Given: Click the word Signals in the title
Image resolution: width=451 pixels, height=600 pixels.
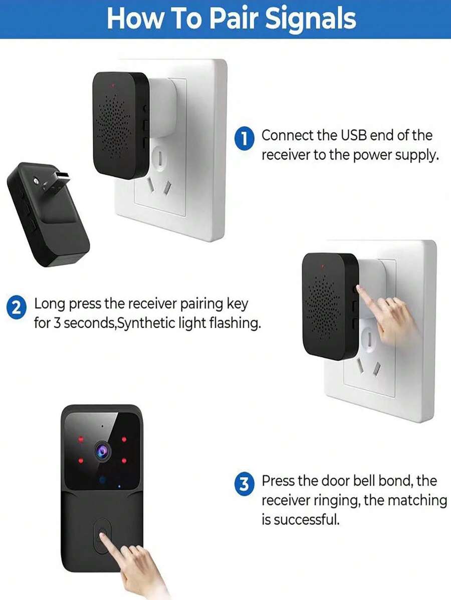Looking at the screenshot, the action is (x=310, y=19).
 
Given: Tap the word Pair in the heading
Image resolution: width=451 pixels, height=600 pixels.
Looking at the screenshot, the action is (x=234, y=19).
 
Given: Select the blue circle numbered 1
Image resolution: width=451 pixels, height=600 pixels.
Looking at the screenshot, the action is (x=244, y=139).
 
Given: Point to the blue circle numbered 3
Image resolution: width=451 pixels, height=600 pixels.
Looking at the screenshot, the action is (x=244, y=484).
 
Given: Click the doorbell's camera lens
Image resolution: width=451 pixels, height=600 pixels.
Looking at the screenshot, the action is (x=102, y=451).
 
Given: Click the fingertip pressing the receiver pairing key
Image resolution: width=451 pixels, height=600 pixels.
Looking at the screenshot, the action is (x=359, y=288).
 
